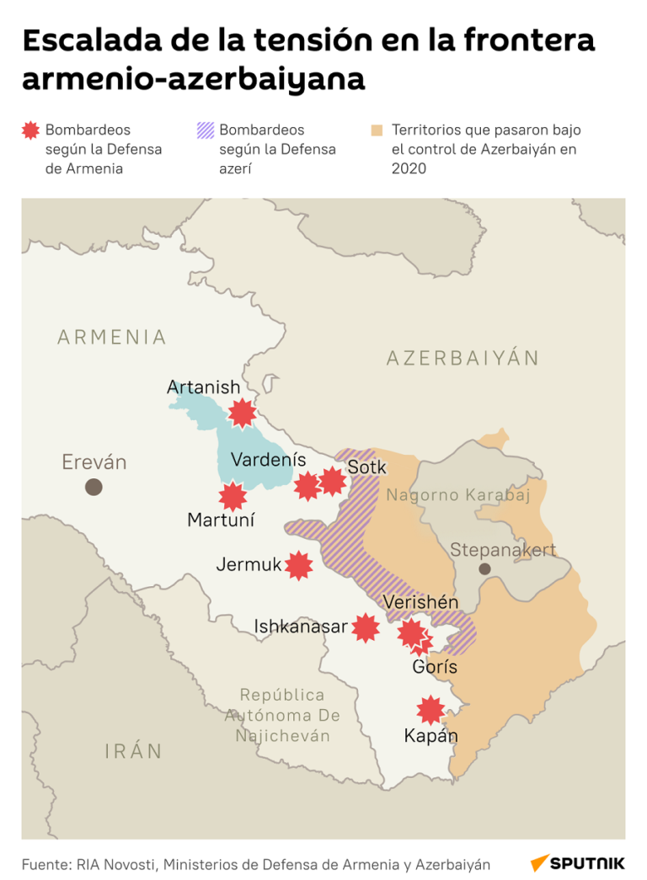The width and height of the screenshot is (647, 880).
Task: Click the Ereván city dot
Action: coord(94,487)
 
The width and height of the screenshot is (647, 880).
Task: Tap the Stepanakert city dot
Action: coord(484,569)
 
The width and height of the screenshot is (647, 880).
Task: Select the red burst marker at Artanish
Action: coord(243,413)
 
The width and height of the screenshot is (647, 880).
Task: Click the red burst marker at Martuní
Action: coord(233,497)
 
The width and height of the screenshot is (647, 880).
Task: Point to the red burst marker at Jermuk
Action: coord(298,565)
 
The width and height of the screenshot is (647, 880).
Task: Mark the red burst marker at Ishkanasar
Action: coord(365,627)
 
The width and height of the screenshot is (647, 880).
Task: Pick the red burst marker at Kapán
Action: coord(430,710)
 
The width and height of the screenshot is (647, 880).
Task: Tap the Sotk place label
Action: coord(366,467)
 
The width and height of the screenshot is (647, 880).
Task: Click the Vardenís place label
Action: coord(268,460)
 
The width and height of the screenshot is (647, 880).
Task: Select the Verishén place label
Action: coord(420,602)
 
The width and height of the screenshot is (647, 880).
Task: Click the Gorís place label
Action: coord(435,667)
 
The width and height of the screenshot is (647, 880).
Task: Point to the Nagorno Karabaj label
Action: coord(458,496)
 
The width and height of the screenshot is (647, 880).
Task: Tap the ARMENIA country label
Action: coord(112,338)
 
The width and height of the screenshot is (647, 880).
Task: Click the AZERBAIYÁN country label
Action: coord(463,358)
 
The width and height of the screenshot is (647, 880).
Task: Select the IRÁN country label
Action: coord(133,751)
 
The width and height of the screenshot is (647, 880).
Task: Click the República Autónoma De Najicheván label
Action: coord(281,716)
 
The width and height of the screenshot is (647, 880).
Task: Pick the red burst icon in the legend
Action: coord(31,131)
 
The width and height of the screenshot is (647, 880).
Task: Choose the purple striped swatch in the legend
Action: coord(205,131)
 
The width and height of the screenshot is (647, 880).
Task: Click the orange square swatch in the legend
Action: coord(377,131)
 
